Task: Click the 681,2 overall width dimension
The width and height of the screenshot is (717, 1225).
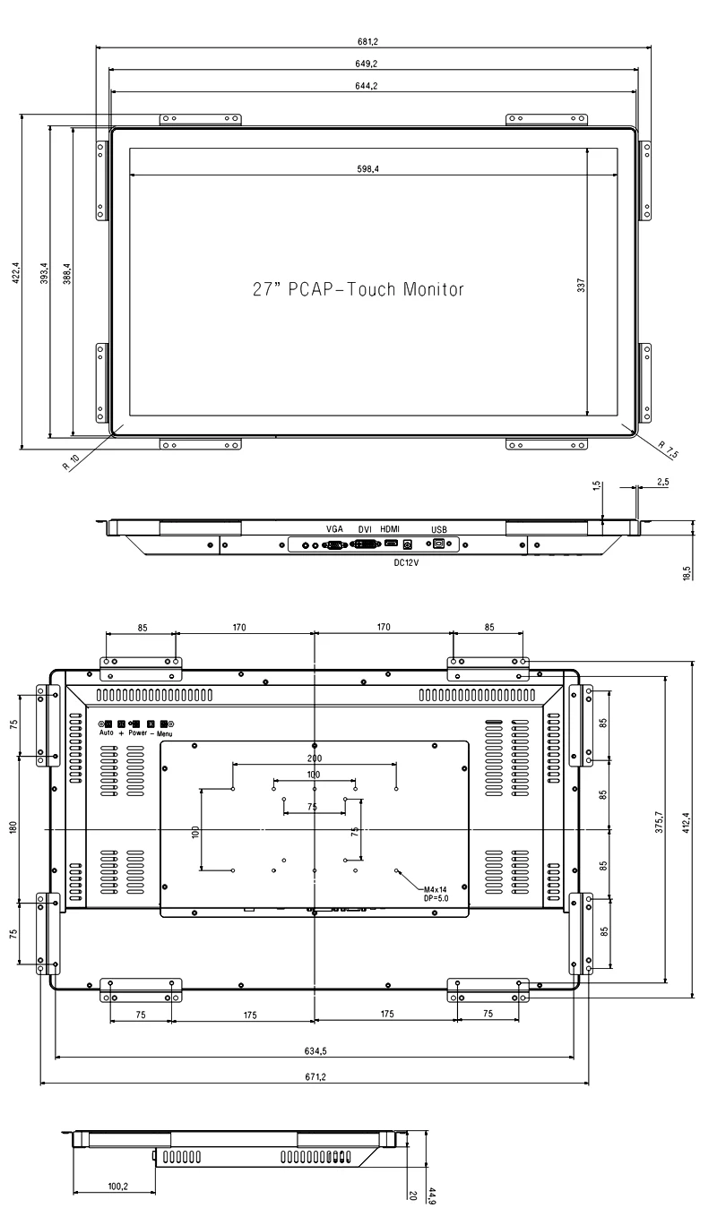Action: coord(367,41)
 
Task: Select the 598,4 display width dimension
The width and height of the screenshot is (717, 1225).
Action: coord(367,169)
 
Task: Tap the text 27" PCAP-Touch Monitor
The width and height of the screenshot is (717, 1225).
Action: coord(358,288)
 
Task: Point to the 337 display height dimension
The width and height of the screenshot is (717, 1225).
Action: coord(581,285)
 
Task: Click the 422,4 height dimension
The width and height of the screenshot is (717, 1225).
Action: coord(16,272)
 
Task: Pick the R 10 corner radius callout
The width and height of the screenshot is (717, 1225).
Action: coord(71,462)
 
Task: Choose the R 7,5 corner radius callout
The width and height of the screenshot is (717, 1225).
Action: coord(668,450)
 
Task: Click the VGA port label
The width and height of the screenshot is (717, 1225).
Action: coord(334,529)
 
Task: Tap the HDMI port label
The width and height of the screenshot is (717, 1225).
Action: coord(390,529)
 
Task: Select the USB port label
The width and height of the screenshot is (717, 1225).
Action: coord(439,529)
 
